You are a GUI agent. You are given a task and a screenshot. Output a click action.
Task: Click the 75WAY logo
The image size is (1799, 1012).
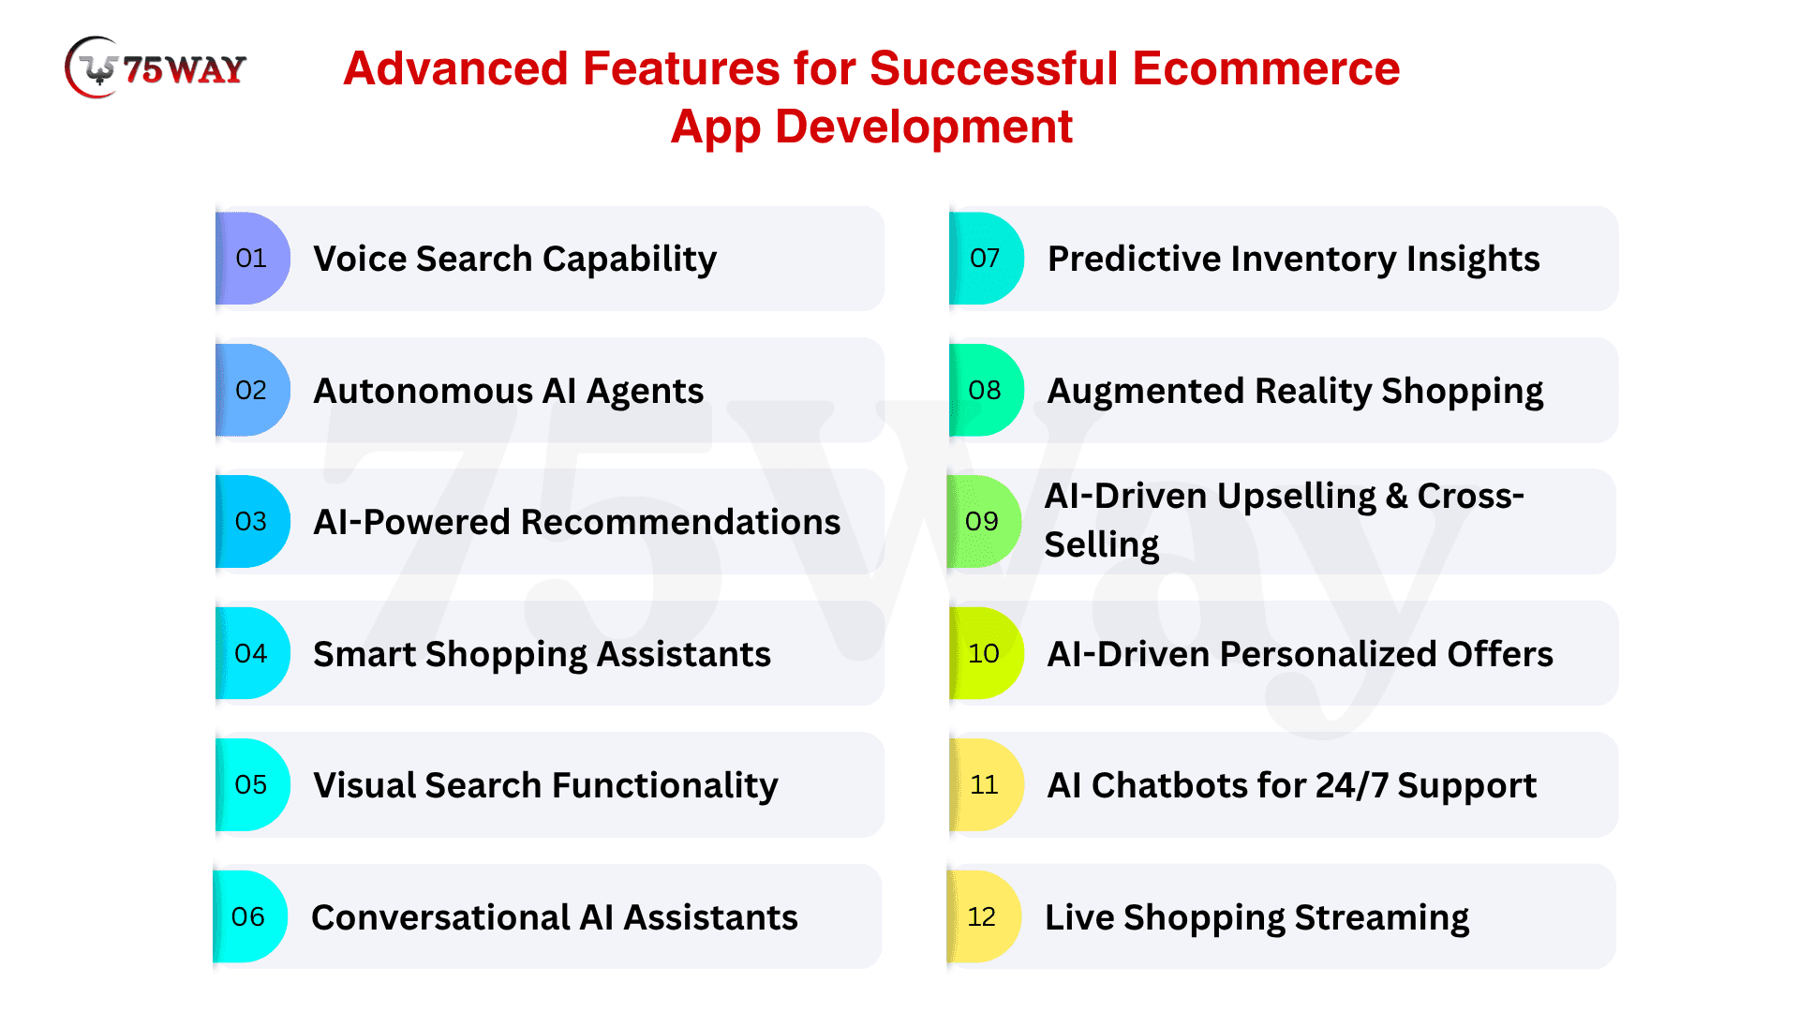(156, 67)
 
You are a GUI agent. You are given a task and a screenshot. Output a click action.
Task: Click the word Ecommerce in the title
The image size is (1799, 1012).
(1266, 68)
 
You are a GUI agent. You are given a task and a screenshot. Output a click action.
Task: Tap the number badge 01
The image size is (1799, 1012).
(252, 259)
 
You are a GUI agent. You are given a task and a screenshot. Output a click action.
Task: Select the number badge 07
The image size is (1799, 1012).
(986, 259)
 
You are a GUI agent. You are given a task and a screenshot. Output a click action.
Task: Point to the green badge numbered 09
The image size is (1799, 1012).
(984, 521)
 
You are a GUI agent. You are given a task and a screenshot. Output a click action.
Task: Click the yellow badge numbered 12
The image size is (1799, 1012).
(984, 916)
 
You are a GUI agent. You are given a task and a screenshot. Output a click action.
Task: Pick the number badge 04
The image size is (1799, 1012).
(252, 653)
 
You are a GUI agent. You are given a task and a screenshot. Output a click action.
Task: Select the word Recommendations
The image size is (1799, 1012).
(680, 522)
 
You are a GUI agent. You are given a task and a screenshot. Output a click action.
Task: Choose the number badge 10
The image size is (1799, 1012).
(986, 653)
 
